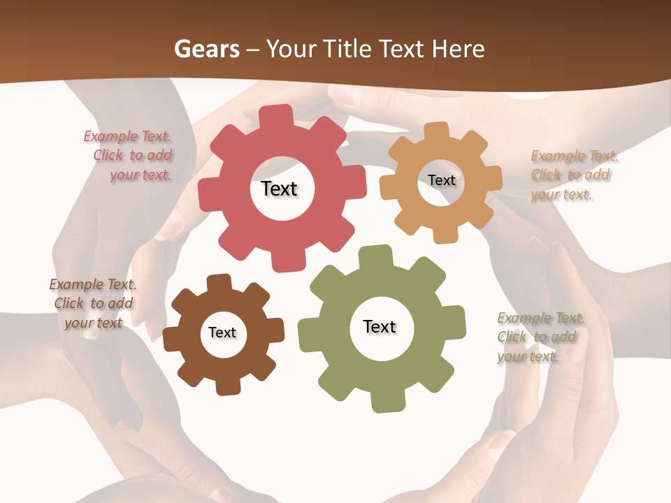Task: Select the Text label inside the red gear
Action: click(279, 189)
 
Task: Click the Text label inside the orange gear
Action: click(441, 180)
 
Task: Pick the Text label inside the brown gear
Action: click(222, 333)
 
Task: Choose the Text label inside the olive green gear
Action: click(380, 327)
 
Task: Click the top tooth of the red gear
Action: click(280, 115)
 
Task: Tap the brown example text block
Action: click(93, 303)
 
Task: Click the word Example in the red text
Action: click(110, 137)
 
